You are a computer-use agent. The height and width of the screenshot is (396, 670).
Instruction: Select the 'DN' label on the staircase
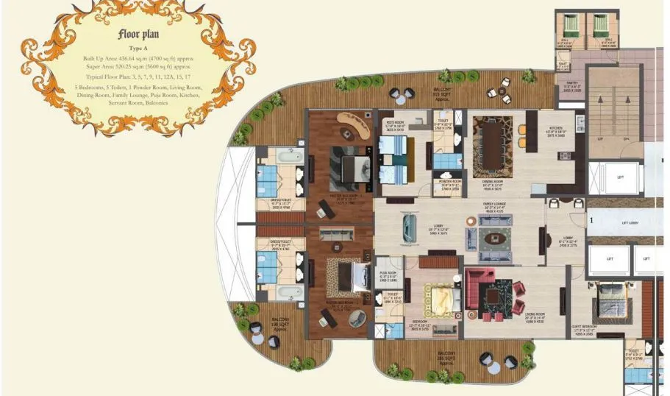626,138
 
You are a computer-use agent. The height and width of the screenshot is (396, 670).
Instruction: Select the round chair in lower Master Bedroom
357,317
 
